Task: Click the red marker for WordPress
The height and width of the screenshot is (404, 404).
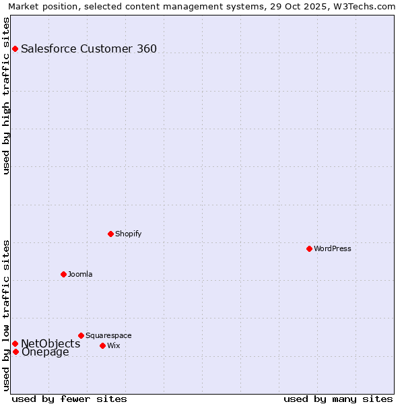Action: point(309,248)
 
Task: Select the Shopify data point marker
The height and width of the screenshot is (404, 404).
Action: point(110,234)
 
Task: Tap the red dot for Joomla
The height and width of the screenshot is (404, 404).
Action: point(63,274)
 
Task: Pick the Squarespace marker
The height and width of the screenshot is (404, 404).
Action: point(81,335)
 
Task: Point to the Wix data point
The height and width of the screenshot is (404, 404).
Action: point(102,345)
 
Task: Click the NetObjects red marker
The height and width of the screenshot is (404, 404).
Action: point(15,343)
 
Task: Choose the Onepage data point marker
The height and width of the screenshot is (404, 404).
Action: point(15,351)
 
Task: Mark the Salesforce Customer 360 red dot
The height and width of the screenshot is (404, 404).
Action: point(15,48)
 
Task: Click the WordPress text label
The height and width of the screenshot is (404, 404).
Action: point(333,248)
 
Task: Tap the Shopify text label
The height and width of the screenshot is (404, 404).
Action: point(128,234)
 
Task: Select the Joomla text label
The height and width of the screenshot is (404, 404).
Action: point(80,274)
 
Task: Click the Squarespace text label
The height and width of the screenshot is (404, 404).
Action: point(108,335)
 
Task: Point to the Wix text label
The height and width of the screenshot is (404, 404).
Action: point(113,345)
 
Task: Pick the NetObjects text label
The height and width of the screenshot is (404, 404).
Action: point(50,343)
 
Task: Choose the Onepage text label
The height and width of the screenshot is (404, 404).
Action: point(45,351)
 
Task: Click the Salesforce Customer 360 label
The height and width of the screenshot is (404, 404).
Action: point(89,48)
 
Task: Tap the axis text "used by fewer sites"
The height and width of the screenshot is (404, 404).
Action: point(69,399)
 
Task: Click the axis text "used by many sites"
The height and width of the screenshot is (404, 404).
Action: point(338,399)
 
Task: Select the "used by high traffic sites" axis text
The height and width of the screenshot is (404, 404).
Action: point(6,96)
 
